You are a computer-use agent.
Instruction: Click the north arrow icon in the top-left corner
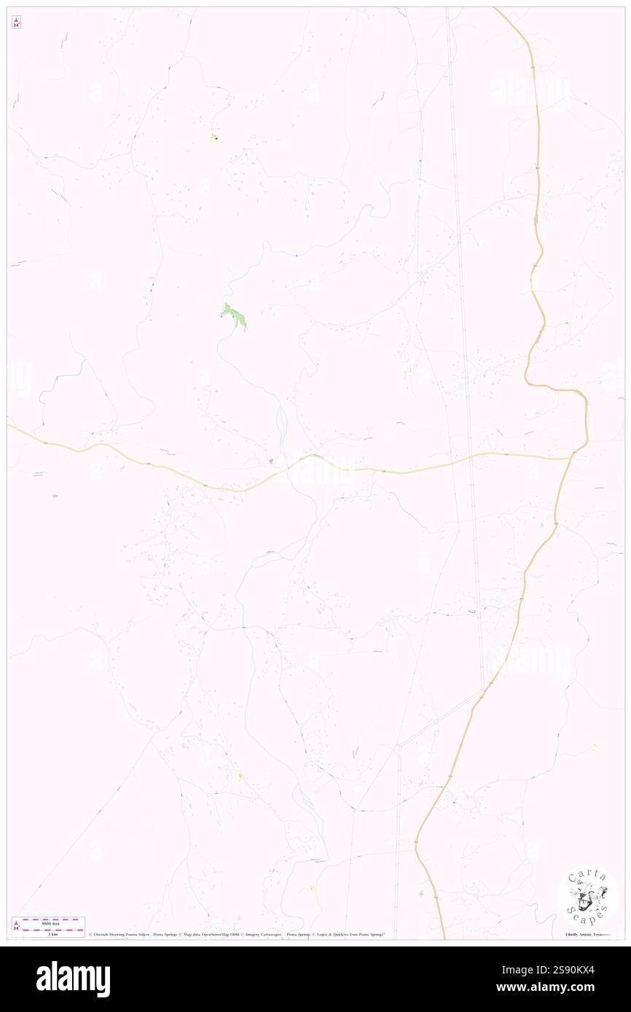(x=16, y=23)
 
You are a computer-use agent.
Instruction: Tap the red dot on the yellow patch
(x=216, y=137)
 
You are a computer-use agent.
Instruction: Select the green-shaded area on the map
(x=234, y=317)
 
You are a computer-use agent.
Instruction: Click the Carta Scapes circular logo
(x=587, y=898)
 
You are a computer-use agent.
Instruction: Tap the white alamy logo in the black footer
(x=74, y=979)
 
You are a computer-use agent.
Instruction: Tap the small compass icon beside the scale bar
(x=16, y=926)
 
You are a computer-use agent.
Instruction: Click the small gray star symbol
(x=55, y=496)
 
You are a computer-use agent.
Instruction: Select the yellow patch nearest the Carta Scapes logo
(x=594, y=747)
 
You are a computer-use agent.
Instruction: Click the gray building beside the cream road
(x=270, y=461)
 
